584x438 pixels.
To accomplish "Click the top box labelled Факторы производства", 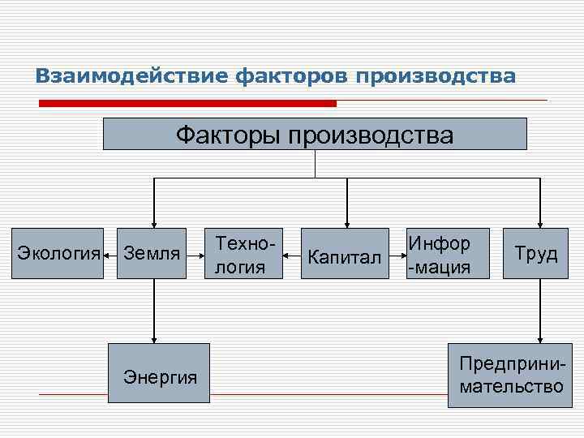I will (315, 134).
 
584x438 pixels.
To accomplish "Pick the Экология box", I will (58, 253).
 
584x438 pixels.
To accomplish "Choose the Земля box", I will (151, 253).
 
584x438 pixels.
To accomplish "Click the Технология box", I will (243, 253).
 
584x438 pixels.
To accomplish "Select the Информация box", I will (449, 253).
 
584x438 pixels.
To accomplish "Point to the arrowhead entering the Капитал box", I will (346, 223).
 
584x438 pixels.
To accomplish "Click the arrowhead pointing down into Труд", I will (540, 223).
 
